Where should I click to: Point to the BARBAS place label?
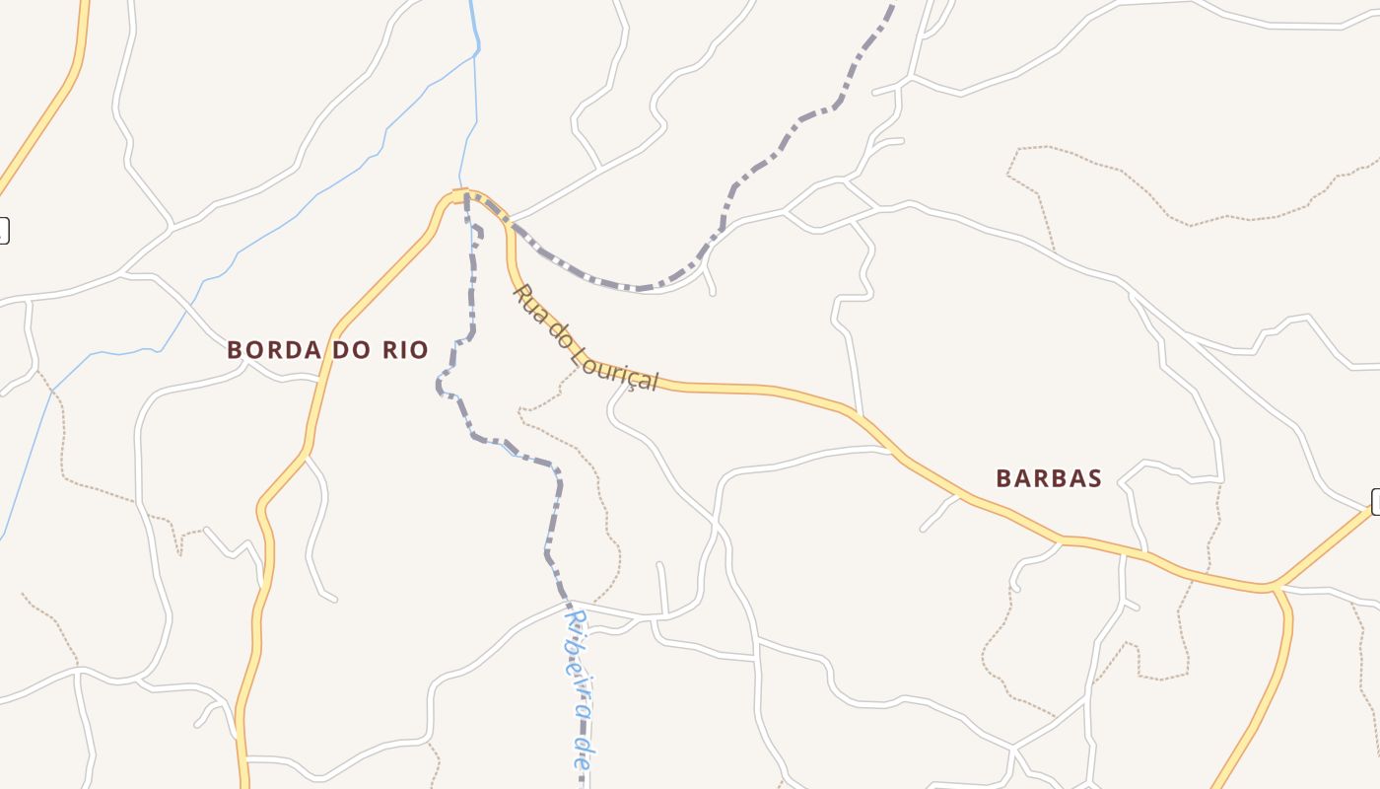click(x=1048, y=479)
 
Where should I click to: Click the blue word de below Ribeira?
click(x=583, y=754)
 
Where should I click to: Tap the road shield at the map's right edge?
click(x=1376, y=501)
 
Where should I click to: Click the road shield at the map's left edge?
click(x=3, y=231)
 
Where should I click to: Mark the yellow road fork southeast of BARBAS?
click(x=1275, y=588)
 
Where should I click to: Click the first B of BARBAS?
click(x=1003, y=479)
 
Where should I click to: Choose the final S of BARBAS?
click(x=1094, y=479)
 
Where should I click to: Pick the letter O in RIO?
click(x=420, y=350)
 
